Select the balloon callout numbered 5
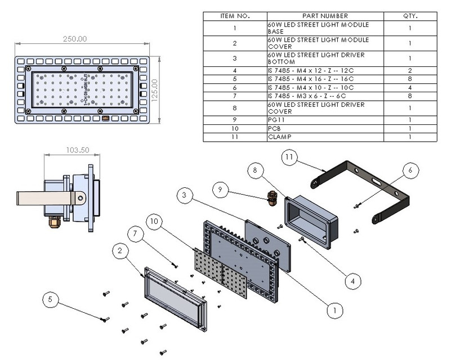[x=51, y=301]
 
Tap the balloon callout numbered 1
[x=336, y=309]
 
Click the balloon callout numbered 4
[x=352, y=280]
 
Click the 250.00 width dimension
[x=74, y=39]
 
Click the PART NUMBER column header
[x=325, y=16]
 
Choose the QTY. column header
[x=410, y=16]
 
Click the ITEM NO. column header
[x=235, y=16]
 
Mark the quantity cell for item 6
[x=410, y=87]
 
